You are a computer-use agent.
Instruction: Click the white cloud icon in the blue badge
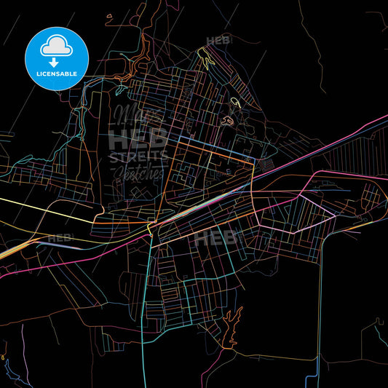pyautogui.click(x=56, y=45)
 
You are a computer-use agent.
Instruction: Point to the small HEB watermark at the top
pyautogui.click(x=218, y=41)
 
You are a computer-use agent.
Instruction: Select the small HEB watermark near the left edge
pyautogui.click(x=60, y=238)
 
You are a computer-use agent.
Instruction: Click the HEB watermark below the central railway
pyautogui.click(x=211, y=238)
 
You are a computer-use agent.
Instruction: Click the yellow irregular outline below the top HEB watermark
pyautogui.click(x=234, y=102)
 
